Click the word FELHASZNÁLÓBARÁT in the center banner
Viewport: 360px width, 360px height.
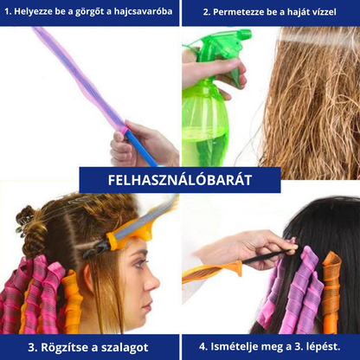[180, 180]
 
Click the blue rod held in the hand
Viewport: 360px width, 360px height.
[141, 148]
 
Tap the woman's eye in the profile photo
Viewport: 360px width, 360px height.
[138, 263]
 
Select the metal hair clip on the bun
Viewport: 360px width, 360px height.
[23, 222]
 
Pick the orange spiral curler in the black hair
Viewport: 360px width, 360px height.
[331, 292]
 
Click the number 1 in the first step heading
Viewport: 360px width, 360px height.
[7, 12]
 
